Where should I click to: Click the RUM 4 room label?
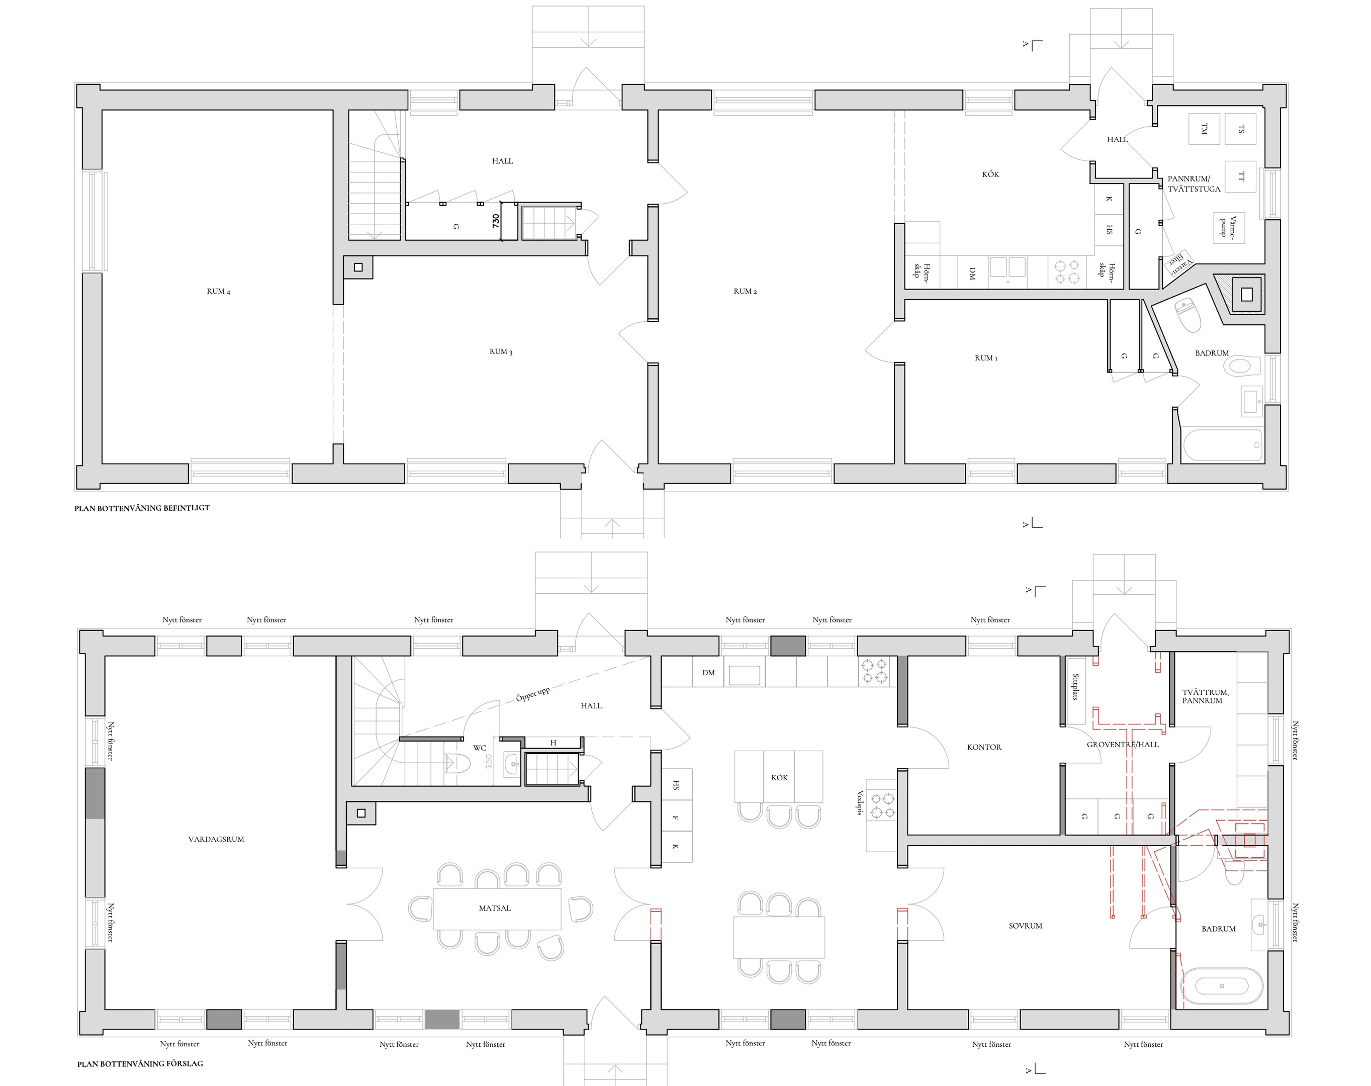pyautogui.click(x=218, y=291)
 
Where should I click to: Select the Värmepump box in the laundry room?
pyautogui.click(x=1229, y=228)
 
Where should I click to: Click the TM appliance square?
pyautogui.click(x=1204, y=129)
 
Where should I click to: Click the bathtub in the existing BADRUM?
pyautogui.click(x=1222, y=445)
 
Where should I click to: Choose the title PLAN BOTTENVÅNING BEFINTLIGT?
pyautogui.click(x=142, y=508)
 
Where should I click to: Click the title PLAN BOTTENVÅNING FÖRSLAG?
pyautogui.click(x=140, y=1063)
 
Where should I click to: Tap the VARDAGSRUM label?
pyautogui.click(x=216, y=839)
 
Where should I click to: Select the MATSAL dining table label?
pyautogui.click(x=495, y=908)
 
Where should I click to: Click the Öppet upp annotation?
pyautogui.click(x=533, y=694)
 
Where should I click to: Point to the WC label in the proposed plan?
pyautogui.click(x=480, y=748)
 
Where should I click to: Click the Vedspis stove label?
pyautogui.click(x=860, y=803)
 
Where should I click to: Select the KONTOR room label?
pyautogui.click(x=984, y=747)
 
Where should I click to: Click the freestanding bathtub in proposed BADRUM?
pyautogui.click(x=1222, y=986)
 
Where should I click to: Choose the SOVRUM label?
pyautogui.click(x=1025, y=926)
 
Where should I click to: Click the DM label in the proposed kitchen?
pyautogui.click(x=708, y=673)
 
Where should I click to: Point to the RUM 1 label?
pyautogui.click(x=986, y=358)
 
